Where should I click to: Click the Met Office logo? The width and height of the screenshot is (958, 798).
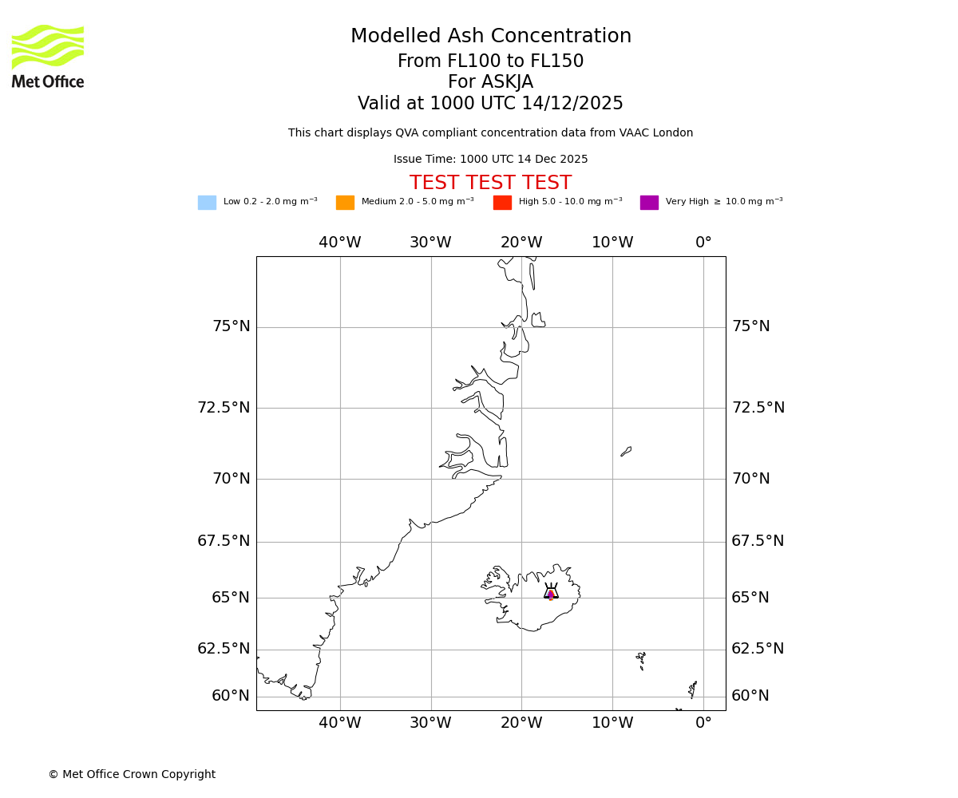[48, 57]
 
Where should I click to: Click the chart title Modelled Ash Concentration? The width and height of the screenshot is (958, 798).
[491, 37]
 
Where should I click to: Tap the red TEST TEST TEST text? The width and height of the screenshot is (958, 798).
[490, 184]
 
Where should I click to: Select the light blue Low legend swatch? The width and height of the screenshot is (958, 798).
[207, 203]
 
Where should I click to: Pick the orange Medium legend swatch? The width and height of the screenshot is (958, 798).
[345, 203]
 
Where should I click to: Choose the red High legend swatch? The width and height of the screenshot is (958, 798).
[502, 203]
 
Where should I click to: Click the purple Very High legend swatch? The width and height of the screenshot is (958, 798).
[649, 203]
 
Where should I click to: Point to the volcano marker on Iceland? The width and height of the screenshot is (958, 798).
[551, 594]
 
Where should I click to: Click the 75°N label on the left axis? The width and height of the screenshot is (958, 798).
[231, 326]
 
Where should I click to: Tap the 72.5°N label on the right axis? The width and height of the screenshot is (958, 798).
[758, 408]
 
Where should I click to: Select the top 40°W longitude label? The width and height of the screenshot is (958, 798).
[340, 243]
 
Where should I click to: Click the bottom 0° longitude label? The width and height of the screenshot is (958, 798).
[703, 723]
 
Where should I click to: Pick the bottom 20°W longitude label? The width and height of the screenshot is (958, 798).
[521, 723]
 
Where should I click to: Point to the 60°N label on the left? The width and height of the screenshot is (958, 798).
[231, 696]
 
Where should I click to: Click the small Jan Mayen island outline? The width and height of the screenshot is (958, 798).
[626, 452]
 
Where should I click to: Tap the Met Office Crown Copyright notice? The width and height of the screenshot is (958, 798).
[132, 775]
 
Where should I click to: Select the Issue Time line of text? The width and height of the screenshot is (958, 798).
[490, 160]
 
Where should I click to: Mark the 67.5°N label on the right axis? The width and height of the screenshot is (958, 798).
[758, 541]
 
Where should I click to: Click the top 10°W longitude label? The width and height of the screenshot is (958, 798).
[612, 243]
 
